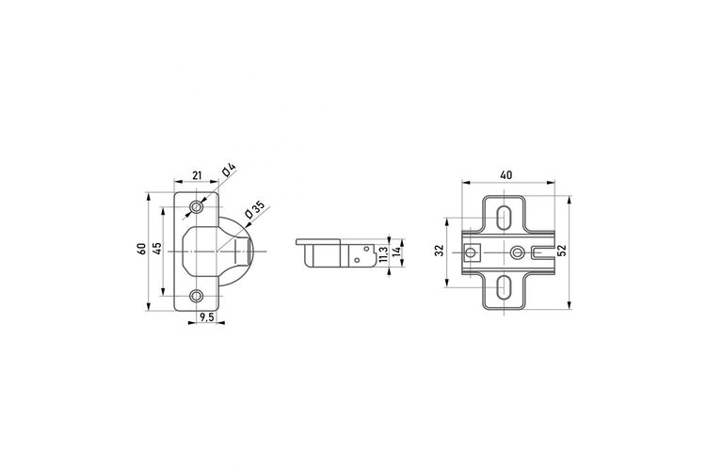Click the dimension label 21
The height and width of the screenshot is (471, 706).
[197, 175]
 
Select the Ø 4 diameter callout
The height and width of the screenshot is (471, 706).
[229, 171]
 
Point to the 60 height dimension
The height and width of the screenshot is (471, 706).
[142, 249]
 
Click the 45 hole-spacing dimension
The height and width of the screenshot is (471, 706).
[156, 249]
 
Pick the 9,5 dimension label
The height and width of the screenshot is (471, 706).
[207, 317]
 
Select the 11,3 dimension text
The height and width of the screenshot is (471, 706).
[383, 254]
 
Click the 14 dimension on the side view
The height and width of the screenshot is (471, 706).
[396, 252]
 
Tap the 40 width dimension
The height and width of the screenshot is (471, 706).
[506, 175]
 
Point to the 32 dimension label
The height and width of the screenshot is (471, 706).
[440, 251]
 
